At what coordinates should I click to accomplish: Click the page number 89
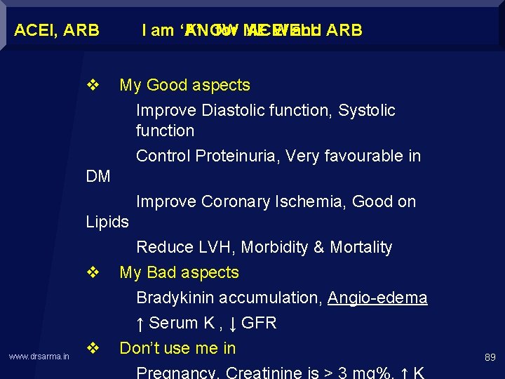490,357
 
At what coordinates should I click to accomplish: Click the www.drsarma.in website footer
39,357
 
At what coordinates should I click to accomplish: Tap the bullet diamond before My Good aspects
92,86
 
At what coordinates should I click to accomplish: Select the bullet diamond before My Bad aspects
92,272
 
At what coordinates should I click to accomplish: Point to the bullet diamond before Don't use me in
92,348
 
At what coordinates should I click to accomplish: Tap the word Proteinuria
236,156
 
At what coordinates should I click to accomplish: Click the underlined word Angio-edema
377,298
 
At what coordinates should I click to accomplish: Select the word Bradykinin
176,298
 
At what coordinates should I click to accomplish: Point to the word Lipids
107,222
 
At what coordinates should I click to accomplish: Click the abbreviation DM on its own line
98,177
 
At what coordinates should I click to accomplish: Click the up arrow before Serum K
140,324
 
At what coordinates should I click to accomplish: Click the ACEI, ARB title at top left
57,30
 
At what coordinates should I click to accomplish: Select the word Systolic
367,110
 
